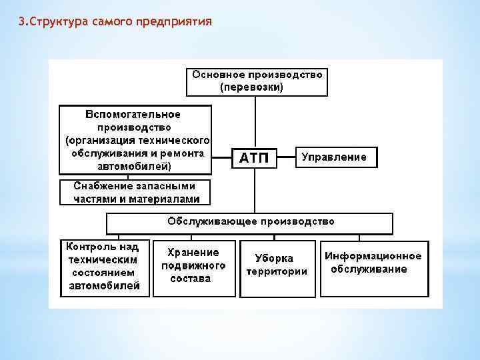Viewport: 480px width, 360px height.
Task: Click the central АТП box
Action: coord(253,158)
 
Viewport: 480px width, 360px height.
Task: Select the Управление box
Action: coord(335,157)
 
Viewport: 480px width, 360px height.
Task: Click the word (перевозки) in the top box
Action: coord(251,87)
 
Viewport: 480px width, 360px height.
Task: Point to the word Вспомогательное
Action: coord(133,115)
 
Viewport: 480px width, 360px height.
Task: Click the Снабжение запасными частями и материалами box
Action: coord(135,192)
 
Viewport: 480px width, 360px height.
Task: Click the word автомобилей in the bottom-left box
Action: coord(105,286)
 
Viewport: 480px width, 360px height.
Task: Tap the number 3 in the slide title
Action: coord(21,21)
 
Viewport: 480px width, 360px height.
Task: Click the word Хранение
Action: coord(193,253)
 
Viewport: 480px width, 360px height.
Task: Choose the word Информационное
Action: coord(373,256)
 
